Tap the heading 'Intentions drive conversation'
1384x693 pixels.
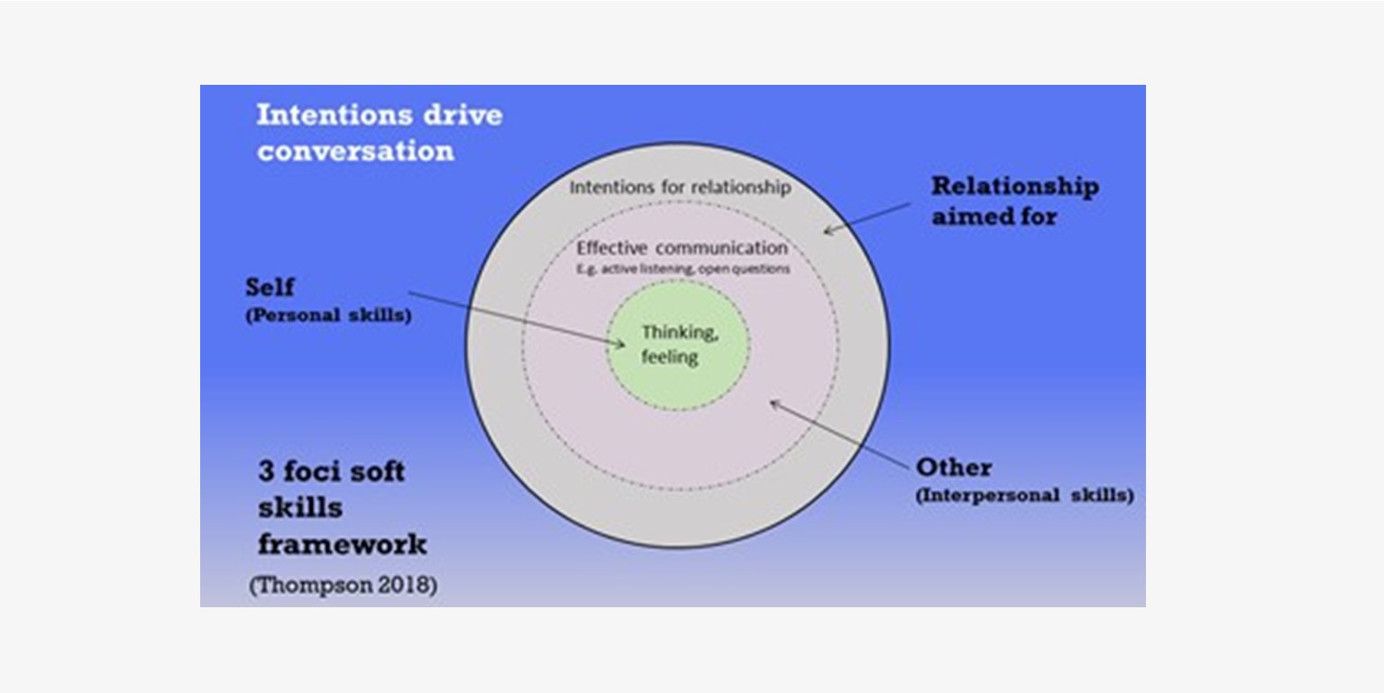pyautogui.click(x=379, y=132)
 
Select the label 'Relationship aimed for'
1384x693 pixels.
pyautogui.click(x=1014, y=200)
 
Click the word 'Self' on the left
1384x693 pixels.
pyautogui.click(x=270, y=288)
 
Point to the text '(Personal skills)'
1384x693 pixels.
pyautogui.click(x=328, y=317)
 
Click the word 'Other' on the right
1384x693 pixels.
pyautogui.click(x=953, y=467)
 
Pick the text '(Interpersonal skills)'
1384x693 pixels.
pyautogui.click(x=1024, y=495)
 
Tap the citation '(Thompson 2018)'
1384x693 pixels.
pyautogui.click(x=344, y=585)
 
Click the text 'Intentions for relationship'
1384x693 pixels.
pyautogui.click(x=680, y=188)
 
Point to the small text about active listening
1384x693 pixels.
pyautogui.click(x=683, y=269)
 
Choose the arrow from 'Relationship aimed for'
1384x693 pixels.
pyautogui.click(x=866, y=217)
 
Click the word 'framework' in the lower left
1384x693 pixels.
pyautogui.click(x=343, y=544)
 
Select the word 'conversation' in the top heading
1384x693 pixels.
pyautogui.click(x=355, y=151)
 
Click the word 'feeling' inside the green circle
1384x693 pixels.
pyautogui.click(x=670, y=356)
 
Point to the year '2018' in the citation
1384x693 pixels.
pyautogui.click(x=408, y=585)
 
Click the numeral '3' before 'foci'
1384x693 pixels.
pyautogui.click(x=266, y=471)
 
